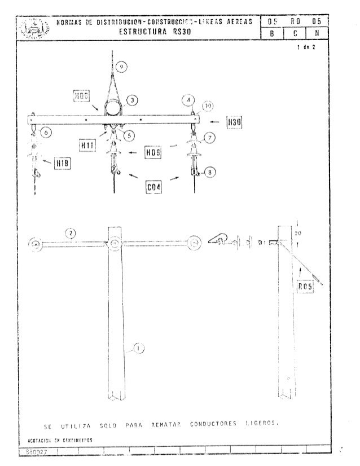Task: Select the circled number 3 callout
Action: (x=133, y=100)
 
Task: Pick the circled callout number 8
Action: (x=210, y=173)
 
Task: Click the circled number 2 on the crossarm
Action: (x=70, y=232)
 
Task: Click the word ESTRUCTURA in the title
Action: (x=138, y=32)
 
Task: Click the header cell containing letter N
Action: (x=319, y=33)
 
